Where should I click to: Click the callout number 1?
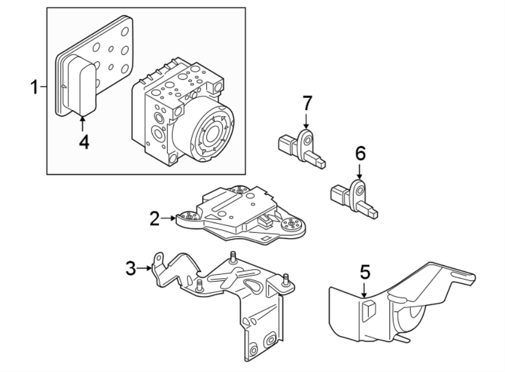point(35,88)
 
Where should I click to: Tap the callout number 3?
point(131,268)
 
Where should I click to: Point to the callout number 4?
point(83,142)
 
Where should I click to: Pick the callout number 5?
point(365,273)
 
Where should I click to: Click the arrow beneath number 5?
point(365,290)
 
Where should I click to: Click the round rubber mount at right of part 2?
point(292,226)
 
